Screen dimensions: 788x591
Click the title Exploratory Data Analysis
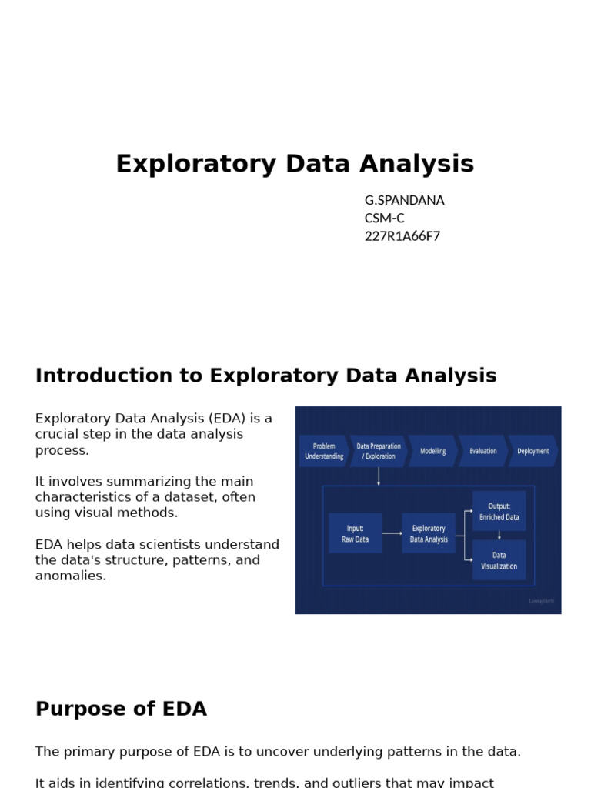(295, 164)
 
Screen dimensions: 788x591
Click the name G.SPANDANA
(404, 200)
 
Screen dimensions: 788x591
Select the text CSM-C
(384, 218)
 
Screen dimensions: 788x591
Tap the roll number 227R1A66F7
(402, 236)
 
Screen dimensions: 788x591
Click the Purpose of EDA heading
(121, 709)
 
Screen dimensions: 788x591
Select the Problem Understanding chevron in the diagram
(323, 451)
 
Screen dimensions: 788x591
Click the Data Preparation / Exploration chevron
(378, 451)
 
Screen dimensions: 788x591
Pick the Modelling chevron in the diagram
(432, 451)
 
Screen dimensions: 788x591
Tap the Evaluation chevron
(482, 451)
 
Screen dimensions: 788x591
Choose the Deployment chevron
(533, 451)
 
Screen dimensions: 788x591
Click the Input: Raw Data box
(355, 533)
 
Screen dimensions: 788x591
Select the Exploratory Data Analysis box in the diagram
(429, 533)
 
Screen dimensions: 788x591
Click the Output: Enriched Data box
(499, 511)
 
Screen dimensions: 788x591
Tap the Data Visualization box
(499, 559)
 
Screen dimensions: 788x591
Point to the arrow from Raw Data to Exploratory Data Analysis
(392, 533)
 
